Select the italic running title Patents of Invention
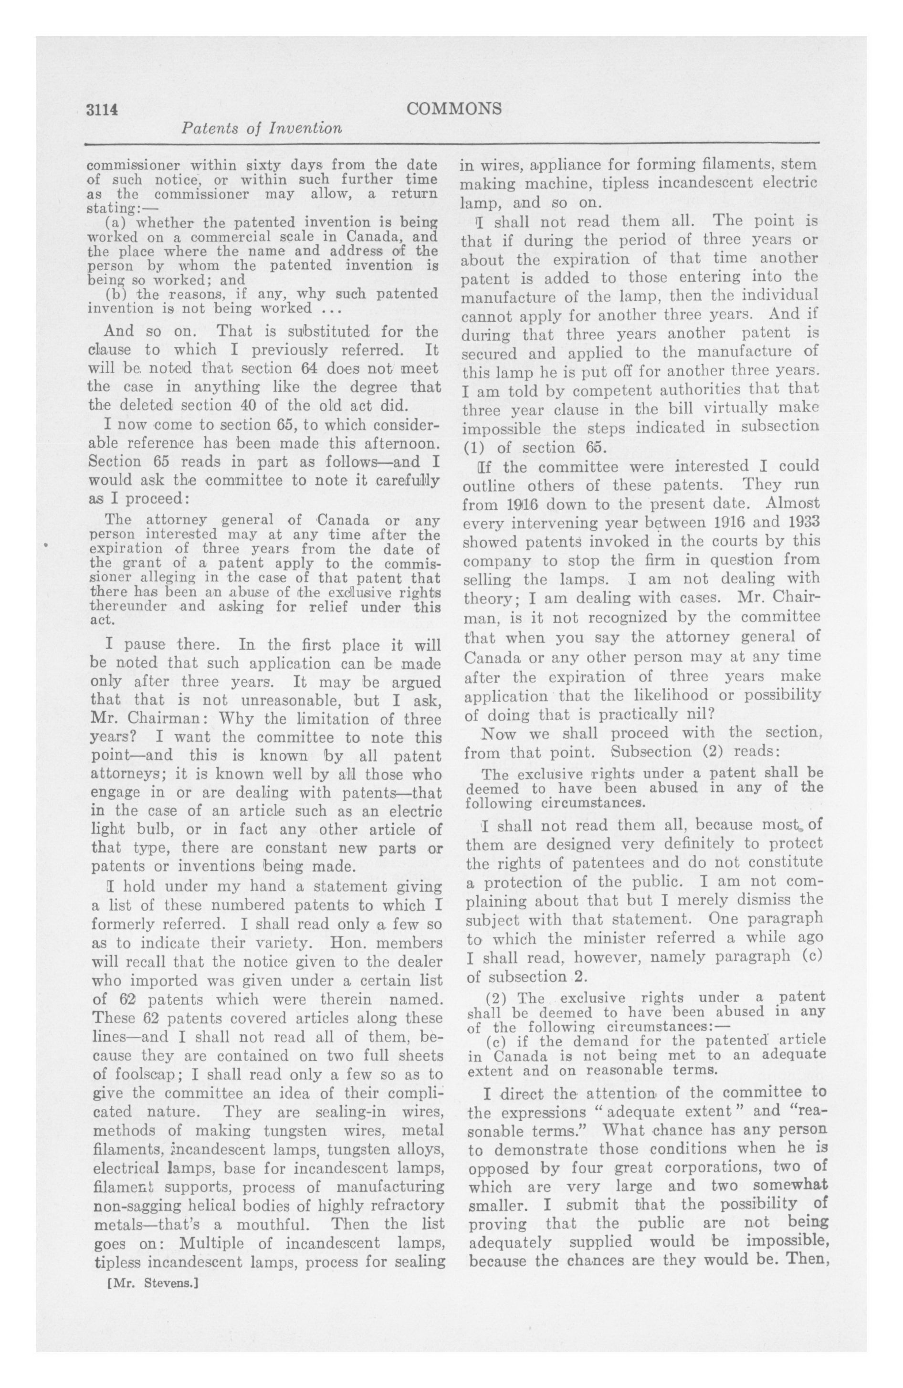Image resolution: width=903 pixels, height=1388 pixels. tap(262, 128)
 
